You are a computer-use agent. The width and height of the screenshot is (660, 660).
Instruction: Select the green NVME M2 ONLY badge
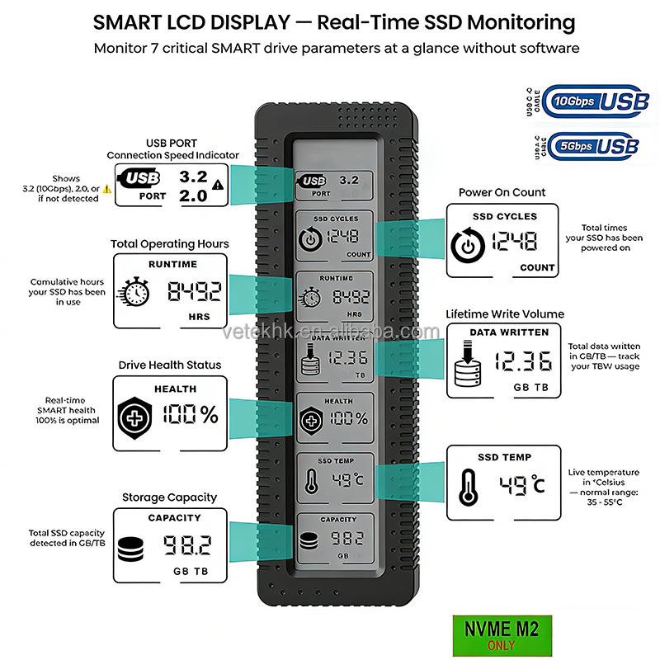pyautogui.click(x=502, y=634)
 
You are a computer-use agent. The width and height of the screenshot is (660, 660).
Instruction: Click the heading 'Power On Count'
pyautogui.click(x=502, y=192)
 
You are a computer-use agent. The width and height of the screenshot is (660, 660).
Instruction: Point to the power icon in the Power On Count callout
pyautogui.click(x=467, y=246)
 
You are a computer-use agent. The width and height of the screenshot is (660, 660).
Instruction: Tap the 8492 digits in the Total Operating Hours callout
pyautogui.click(x=195, y=290)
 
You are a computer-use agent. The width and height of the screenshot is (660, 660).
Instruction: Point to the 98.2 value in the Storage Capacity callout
pyautogui.click(x=186, y=545)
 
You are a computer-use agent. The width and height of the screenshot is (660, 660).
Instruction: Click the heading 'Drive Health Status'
pyautogui.click(x=170, y=365)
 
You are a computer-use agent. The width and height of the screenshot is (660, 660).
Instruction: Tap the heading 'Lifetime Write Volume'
pyautogui.click(x=505, y=314)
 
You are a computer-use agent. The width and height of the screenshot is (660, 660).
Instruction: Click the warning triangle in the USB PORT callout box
pyautogui.click(x=217, y=185)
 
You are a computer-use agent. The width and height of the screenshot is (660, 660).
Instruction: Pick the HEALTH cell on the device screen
pyautogui.click(x=334, y=417)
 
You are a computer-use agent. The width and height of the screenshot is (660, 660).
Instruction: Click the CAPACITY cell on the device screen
pyautogui.click(x=334, y=538)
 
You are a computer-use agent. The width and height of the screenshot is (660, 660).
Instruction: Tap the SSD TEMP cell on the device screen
pyautogui.click(x=334, y=478)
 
